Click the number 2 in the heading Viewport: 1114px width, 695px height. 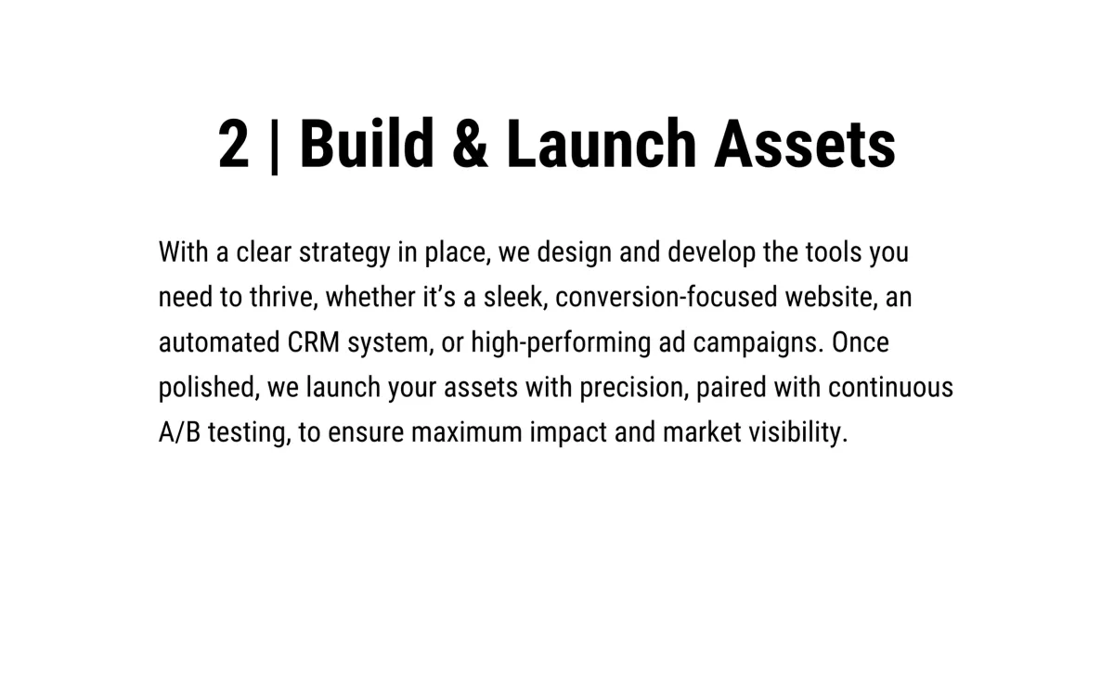click(233, 143)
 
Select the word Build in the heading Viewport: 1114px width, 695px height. click(367, 143)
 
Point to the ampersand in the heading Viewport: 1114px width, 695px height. click(471, 144)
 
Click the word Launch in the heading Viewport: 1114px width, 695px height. click(601, 143)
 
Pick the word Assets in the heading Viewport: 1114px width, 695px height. click(805, 144)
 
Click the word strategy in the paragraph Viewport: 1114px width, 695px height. click(344, 252)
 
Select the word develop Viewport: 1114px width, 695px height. click(712, 252)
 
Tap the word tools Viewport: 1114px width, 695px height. click(834, 251)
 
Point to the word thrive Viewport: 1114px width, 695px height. click(283, 297)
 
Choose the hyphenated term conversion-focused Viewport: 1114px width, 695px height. click(666, 297)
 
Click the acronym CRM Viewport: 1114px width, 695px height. click(314, 342)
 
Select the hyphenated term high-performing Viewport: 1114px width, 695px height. click(561, 343)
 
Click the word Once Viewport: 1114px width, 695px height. click(861, 342)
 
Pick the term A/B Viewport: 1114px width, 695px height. click(179, 432)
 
